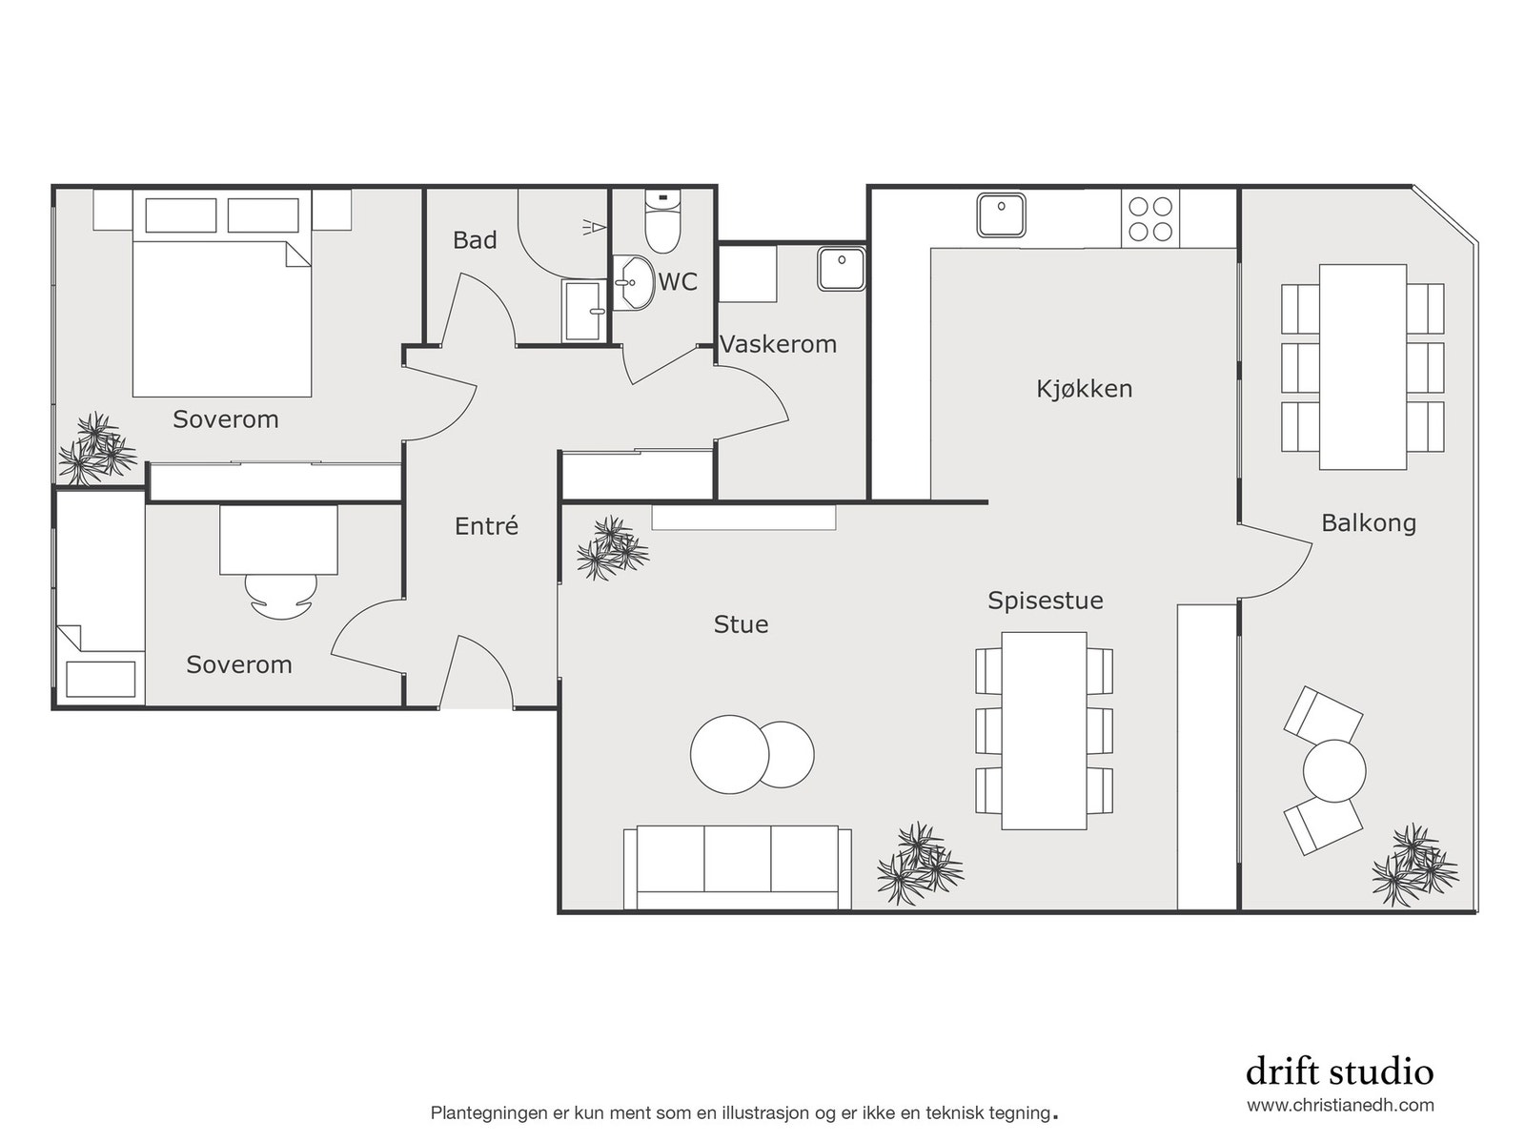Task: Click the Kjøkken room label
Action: click(x=1084, y=389)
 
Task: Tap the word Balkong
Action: click(x=1368, y=523)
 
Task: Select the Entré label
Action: click(x=486, y=526)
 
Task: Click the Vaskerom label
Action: click(x=778, y=344)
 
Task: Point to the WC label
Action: click(x=678, y=282)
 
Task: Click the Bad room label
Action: click(x=475, y=240)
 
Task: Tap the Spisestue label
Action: click(x=1045, y=601)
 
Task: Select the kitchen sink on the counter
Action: click(x=1001, y=214)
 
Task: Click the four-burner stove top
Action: click(x=1150, y=218)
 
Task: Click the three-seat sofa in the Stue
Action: click(x=737, y=867)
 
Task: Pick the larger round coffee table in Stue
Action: click(x=729, y=754)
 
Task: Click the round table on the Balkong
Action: click(x=1333, y=770)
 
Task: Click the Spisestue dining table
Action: click(x=1044, y=730)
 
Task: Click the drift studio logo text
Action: click(x=1338, y=1071)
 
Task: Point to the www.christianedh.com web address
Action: click(x=1340, y=1106)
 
